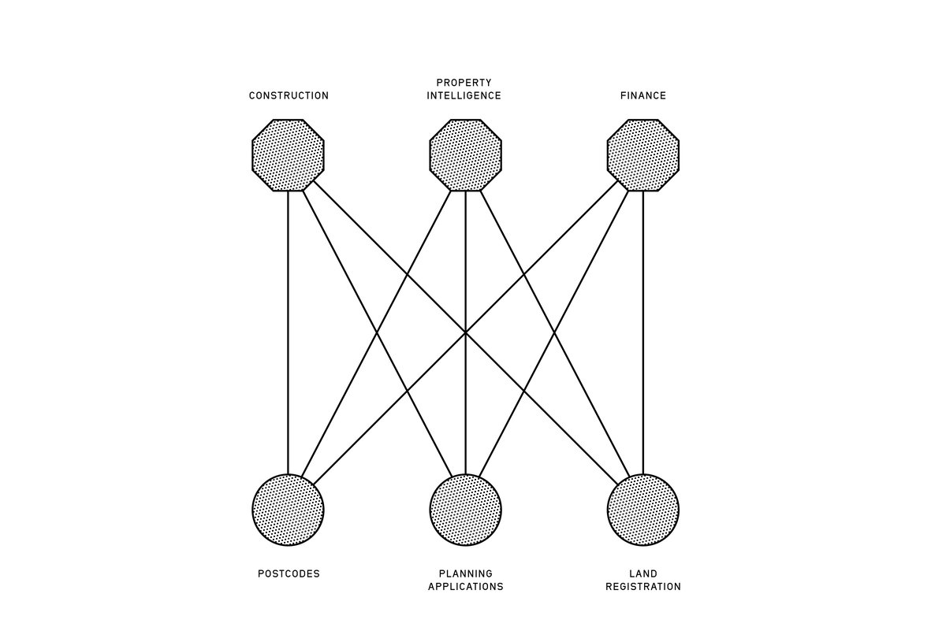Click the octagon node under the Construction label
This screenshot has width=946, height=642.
[288, 155]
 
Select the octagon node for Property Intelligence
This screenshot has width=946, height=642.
[465, 155]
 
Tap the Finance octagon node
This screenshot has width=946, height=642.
[642, 155]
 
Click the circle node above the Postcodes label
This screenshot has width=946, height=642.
[288, 510]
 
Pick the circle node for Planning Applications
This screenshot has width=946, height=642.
[465, 510]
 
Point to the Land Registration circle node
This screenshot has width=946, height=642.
[642, 510]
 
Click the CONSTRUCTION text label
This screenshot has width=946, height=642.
[289, 96]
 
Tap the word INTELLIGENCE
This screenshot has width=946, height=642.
[464, 96]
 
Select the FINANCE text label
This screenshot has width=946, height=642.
[642, 96]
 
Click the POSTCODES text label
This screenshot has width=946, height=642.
[289, 574]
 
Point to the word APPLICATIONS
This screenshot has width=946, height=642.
[465, 587]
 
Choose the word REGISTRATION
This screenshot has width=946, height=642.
[642, 587]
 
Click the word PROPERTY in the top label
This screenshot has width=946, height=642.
[464, 83]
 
